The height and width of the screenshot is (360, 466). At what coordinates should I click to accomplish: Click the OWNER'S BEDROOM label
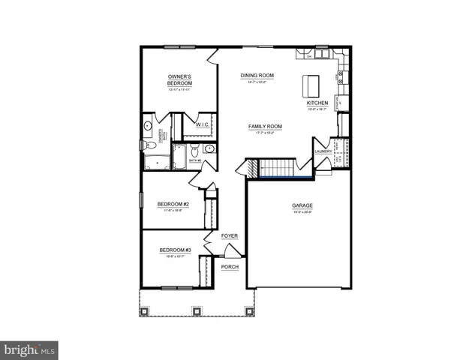tap(180, 80)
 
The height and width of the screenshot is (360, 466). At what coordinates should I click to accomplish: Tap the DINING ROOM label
tap(257, 76)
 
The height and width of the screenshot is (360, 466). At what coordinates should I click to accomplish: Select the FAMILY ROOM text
tap(265, 127)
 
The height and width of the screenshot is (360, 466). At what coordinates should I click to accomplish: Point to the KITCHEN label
tap(317, 103)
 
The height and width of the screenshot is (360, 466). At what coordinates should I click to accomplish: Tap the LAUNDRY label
tap(323, 151)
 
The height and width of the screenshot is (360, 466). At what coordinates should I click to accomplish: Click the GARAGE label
tap(302, 205)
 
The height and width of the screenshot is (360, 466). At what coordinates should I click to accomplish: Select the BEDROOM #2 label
tap(173, 205)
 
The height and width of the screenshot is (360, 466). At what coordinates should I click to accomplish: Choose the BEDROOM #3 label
tap(175, 250)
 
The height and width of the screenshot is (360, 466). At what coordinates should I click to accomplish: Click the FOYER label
tap(230, 236)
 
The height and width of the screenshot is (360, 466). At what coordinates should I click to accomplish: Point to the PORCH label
tap(230, 267)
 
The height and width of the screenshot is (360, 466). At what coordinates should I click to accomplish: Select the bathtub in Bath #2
tap(179, 157)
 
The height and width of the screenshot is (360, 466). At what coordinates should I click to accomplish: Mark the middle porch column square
tap(196, 310)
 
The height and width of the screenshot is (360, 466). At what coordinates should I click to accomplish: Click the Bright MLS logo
tap(30, 349)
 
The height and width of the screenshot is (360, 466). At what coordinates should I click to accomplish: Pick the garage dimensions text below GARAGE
tap(302, 213)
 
